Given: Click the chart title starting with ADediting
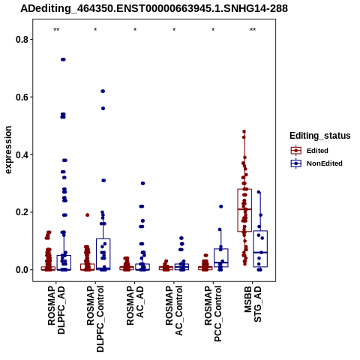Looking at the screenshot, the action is click(x=154, y=9).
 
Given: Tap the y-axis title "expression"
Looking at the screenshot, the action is click(x=8, y=150).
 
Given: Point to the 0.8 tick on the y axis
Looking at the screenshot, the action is click(x=21, y=40).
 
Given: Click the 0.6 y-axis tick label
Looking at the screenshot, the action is click(x=21, y=97).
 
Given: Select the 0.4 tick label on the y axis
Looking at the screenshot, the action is click(x=21, y=154).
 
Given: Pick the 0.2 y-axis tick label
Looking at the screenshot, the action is click(x=21, y=212).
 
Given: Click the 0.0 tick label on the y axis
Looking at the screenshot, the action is click(x=21, y=270).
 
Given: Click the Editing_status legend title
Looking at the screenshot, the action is click(x=320, y=136).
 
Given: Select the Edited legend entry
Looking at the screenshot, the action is click(x=310, y=151).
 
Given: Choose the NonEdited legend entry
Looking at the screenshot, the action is click(x=316, y=163).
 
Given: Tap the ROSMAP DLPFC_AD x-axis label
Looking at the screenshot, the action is click(x=56, y=310).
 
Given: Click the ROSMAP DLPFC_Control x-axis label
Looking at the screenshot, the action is click(x=95, y=319).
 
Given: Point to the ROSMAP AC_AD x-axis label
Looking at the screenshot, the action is click(x=135, y=305).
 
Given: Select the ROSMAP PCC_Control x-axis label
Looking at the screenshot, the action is click(x=213, y=313).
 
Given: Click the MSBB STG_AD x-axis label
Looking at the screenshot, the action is click(x=253, y=304).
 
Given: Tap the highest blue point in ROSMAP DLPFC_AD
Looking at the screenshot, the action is click(x=63, y=59).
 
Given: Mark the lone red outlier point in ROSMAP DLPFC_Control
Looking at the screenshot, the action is click(x=88, y=215).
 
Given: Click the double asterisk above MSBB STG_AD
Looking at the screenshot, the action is click(x=253, y=30).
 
